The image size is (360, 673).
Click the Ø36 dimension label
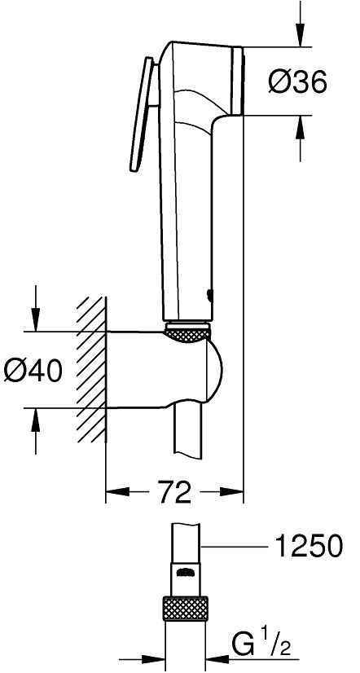click(300, 81)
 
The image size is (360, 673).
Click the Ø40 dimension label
click(33, 371)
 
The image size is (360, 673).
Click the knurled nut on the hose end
click(187, 609)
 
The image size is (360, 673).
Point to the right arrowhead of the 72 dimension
click(235, 492)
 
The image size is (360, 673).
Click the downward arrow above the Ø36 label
click(298, 37)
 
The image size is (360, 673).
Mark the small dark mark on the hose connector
click(187, 571)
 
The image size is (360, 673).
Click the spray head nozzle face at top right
click(238, 81)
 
